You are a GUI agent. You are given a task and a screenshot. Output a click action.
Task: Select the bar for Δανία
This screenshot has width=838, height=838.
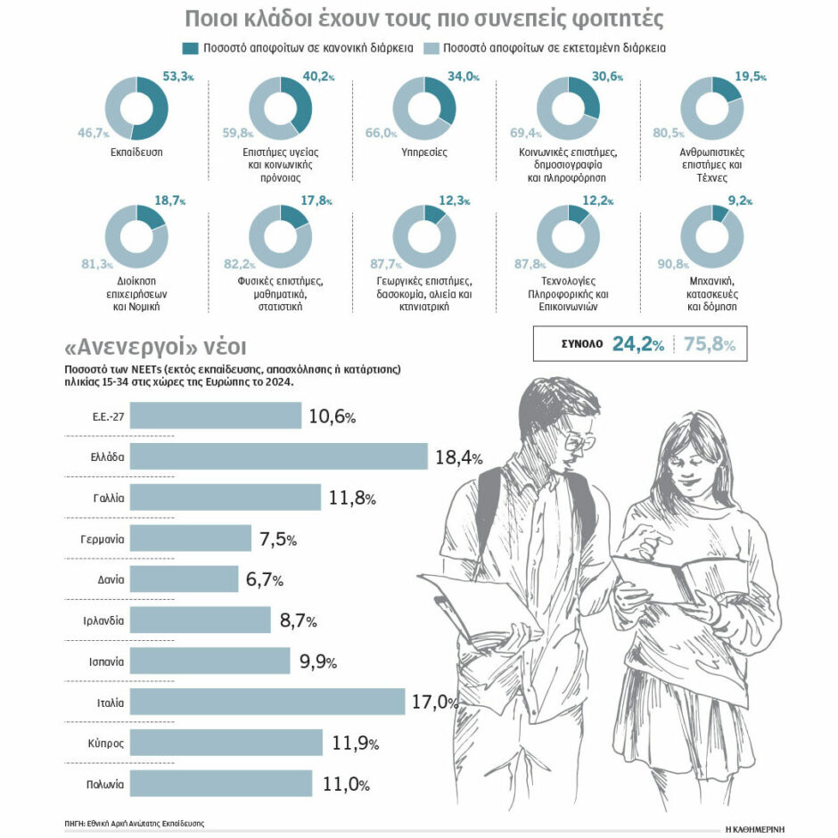(x=184, y=579)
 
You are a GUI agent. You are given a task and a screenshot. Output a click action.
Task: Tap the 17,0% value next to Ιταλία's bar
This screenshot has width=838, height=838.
(x=434, y=702)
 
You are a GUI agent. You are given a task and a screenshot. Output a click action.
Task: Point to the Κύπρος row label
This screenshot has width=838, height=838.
(x=107, y=743)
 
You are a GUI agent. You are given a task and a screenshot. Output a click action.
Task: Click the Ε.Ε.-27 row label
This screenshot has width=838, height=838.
(x=108, y=415)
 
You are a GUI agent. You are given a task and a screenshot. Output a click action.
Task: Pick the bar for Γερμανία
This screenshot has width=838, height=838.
(x=191, y=538)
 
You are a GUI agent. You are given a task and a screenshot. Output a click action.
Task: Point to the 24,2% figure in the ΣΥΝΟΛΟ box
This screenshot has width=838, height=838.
(x=637, y=344)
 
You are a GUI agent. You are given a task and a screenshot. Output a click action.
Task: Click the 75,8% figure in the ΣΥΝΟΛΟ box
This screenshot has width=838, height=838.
(x=710, y=344)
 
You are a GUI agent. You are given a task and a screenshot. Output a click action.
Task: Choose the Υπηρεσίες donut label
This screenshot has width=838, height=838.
(x=424, y=152)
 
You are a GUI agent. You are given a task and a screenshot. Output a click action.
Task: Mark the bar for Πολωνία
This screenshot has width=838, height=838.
(x=220, y=784)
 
